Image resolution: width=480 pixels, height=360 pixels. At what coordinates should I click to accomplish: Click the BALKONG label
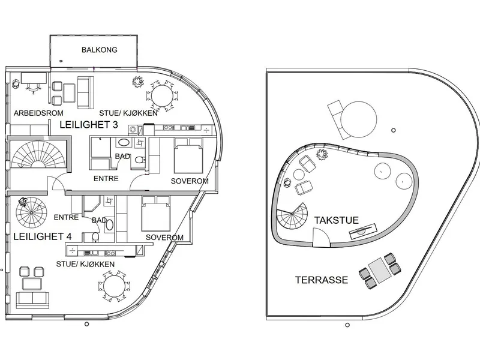click(100, 50)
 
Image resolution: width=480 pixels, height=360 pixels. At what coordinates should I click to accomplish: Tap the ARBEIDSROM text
click(38, 113)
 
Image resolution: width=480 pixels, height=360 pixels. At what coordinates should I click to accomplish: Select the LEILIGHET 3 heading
click(89, 125)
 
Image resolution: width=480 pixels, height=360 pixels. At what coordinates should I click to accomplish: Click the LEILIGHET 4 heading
click(43, 236)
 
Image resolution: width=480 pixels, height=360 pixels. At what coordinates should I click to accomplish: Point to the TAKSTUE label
click(337, 220)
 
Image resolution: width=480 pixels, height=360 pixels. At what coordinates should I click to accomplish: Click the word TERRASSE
click(322, 280)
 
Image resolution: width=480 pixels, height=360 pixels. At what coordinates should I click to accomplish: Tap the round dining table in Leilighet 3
click(162, 95)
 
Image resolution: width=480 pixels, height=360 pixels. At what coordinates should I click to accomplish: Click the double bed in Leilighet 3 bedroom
click(188, 155)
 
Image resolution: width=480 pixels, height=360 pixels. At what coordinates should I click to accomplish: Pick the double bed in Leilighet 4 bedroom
click(156, 214)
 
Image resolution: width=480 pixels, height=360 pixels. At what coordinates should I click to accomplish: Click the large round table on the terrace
click(358, 119)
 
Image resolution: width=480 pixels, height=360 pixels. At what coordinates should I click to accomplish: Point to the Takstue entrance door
click(322, 237)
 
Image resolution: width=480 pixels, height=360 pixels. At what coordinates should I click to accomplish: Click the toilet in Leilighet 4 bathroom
click(95, 237)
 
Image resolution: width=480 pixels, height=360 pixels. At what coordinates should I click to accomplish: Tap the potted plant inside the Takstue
click(322, 154)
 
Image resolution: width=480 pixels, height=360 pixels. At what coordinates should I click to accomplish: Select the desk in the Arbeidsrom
click(34, 78)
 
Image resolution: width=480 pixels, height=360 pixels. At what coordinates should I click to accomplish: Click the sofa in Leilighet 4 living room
click(32, 300)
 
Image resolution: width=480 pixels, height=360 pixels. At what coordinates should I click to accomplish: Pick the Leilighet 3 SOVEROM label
click(190, 181)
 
